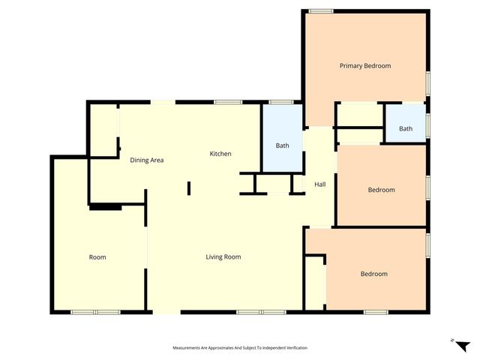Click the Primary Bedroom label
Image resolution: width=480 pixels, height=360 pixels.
pos(364,66)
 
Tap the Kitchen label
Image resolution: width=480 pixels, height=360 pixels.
pos(220,154)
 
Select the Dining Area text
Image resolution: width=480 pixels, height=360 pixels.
pos(147,160)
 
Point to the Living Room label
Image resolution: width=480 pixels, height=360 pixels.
pos(223,257)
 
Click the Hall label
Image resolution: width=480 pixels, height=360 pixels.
pos(319,184)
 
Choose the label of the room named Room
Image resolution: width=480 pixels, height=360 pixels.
pos(97,257)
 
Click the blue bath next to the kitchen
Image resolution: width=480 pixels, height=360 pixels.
pos(282,145)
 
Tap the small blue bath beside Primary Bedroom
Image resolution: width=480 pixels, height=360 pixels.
pos(405,128)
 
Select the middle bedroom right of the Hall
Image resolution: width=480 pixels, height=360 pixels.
pos(381,190)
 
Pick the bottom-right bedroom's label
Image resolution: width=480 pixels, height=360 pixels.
pos(373,274)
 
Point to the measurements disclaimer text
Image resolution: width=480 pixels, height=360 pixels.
pos(240,348)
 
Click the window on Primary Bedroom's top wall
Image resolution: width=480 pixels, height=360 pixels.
pos(321,10)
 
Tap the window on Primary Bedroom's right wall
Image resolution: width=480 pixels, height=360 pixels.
pos(427,82)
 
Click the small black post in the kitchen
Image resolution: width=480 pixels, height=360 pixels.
pos(189,187)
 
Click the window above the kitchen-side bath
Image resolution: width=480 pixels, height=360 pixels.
pos(280,102)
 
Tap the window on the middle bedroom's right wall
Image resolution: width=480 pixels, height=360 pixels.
pos(427,185)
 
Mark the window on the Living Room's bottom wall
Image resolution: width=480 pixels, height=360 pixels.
pos(260,311)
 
